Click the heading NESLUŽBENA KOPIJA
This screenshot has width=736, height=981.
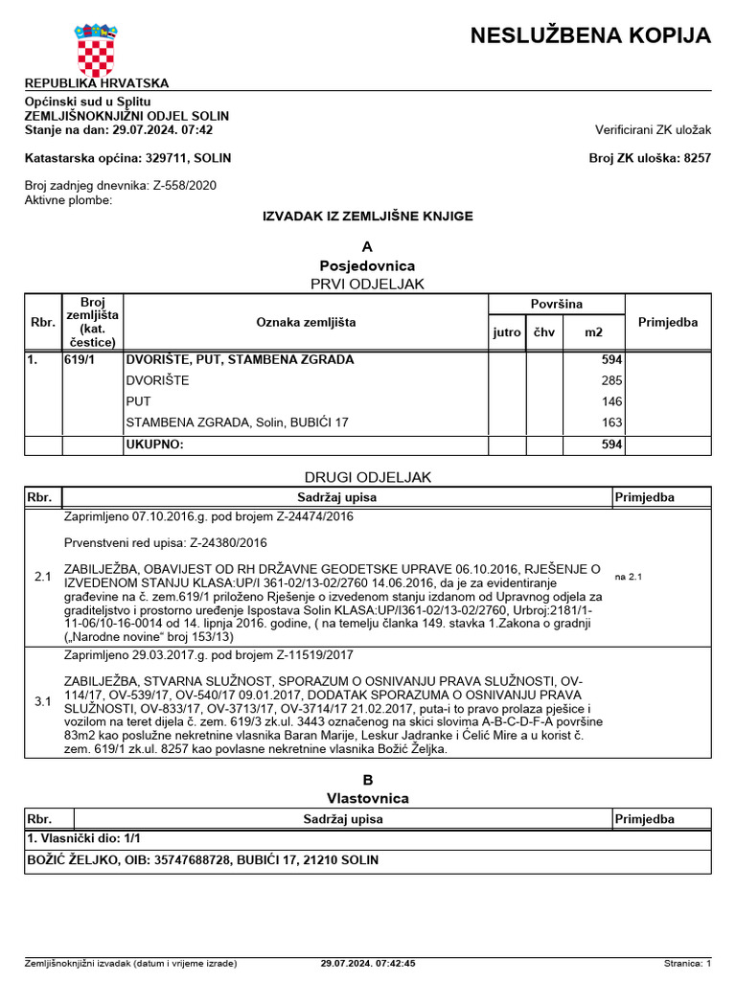(x=590, y=36)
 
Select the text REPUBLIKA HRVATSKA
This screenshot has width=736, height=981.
(x=96, y=83)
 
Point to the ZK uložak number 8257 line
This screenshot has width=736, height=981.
(x=650, y=158)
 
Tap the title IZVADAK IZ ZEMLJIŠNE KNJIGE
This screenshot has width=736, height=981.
(x=368, y=217)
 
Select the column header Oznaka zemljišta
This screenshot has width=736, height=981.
(x=305, y=323)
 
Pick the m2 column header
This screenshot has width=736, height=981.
(x=594, y=332)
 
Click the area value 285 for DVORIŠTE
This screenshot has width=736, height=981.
(x=611, y=381)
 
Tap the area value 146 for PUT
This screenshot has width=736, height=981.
(x=611, y=402)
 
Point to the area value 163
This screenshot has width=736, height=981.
(x=611, y=423)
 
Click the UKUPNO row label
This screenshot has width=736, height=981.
(x=154, y=445)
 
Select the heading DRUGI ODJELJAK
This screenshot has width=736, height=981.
(x=368, y=476)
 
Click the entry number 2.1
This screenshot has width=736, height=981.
(x=43, y=577)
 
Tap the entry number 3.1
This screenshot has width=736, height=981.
(x=43, y=701)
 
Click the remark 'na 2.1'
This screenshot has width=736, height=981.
(x=628, y=578)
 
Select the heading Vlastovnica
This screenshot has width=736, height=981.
(x=368, y=798)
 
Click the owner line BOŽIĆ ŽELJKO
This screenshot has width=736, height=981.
(x=202, y=860)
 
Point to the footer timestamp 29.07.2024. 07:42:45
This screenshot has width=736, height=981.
(x=368, y=963)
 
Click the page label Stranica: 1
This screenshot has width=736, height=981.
(x=687, y=963)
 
